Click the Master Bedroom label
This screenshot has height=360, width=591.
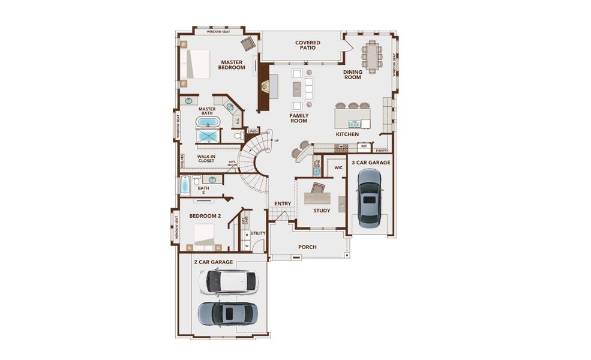(x=232, y=65)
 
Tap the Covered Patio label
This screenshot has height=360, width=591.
(x=308, y=46)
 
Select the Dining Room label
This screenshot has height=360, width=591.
(x=352, y=74)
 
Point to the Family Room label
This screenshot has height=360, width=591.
(x=299, y=118)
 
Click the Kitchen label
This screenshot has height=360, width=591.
(x=347, y=134)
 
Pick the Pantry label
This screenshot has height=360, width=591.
(x=382, y=151)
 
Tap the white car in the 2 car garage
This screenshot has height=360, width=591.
(x=227, y=281)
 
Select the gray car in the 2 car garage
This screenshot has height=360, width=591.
(x=227, y=313)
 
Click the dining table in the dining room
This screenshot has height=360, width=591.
(x=373, y=56)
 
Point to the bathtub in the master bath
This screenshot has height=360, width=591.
(x=208, y=122)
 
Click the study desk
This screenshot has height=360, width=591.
(x=317, y=197)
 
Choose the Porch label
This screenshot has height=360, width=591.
(x=307, y=247)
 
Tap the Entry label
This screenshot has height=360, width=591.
(x=283, y=204)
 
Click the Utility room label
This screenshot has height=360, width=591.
(x=258, y=233)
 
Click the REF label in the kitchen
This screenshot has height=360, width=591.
(x=364, y=146)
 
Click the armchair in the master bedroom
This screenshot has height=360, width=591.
(x=248, y=43)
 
